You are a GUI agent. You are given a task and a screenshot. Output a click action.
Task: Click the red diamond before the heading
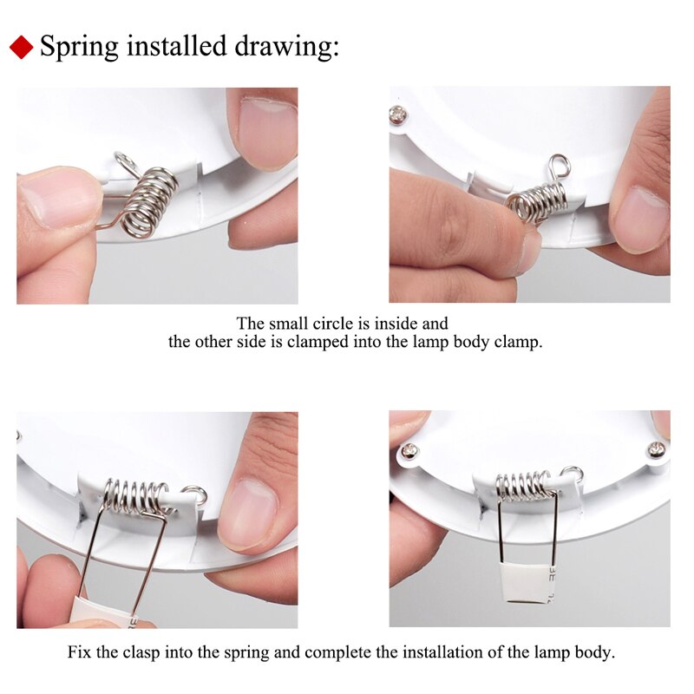23,47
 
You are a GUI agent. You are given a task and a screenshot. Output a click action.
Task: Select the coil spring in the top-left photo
148,202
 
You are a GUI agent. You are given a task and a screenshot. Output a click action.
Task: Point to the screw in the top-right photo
398,114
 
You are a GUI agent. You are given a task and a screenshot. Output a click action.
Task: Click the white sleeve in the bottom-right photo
523,584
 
